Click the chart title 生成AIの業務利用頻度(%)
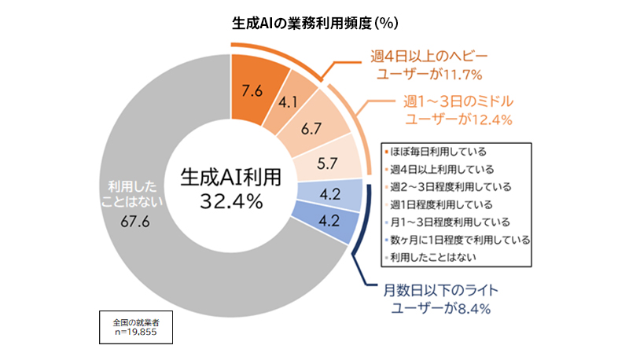click(314, 23)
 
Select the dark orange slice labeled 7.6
click(252, 90)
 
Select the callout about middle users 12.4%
click(458, 110)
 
